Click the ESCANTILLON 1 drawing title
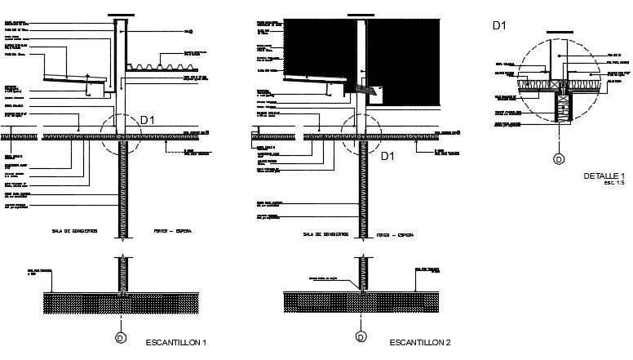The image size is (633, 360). [x=175, y=342]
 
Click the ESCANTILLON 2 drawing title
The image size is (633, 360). [x=421, y=342]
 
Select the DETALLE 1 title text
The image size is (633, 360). [x=604, y=176]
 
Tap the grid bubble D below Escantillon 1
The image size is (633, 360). [x=122, y=337]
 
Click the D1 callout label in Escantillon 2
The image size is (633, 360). [x=388, y=155]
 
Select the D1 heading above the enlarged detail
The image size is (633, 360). [x=500, y=25]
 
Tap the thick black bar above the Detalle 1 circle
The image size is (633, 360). [x=559, y=33]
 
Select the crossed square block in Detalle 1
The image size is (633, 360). [x=557, y=84]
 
